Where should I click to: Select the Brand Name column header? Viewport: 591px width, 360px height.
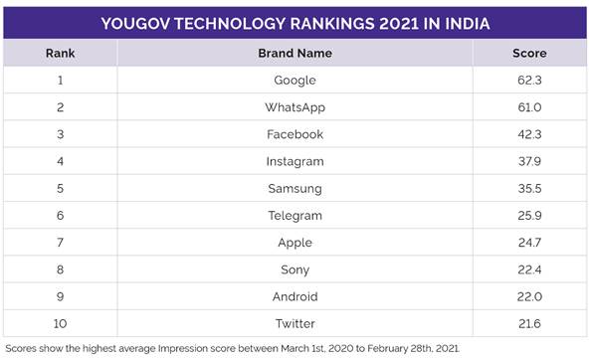coord(295,53)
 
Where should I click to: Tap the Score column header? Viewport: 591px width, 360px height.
coord(529,53)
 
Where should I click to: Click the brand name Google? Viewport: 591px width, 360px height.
coord(295,80)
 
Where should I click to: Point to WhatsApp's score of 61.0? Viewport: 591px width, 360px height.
coord(529,106)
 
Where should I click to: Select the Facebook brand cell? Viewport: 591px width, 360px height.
coord(295,133)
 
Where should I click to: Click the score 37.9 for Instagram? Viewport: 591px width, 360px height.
coord(529,161)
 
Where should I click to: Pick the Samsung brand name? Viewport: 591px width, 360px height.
coord(295,188)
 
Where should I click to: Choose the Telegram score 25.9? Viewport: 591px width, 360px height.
coord(529,215)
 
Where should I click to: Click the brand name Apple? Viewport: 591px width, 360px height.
coord(295,243)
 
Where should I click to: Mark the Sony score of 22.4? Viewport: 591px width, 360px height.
coord(529,270)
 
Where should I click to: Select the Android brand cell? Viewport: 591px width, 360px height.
coord(295,296)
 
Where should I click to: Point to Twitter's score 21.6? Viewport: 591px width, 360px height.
coord(529,323)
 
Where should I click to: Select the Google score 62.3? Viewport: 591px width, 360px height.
coord(529,80)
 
